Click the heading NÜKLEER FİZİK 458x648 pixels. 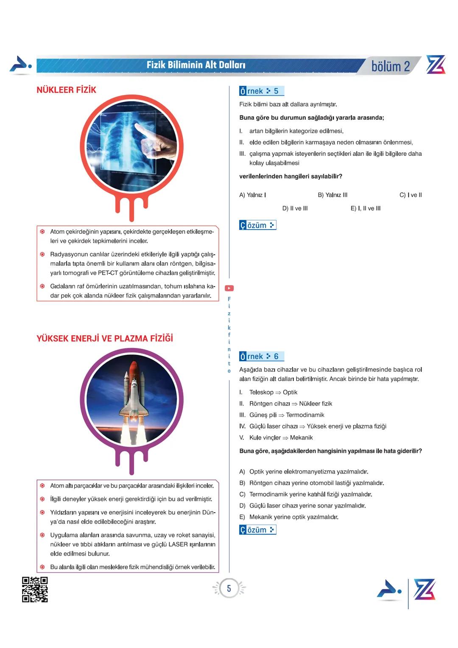(x=66, y=90)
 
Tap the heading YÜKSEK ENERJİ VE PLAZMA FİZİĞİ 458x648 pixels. (x=105, y=339)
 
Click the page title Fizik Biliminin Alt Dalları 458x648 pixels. (x=196, y=65)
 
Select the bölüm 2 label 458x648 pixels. (x=391, y=66)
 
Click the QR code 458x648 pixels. (x=35, y=589)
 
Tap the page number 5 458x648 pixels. (x=229, y=589)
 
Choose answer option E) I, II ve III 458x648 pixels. (x=366, y=208)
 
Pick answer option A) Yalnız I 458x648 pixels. (x=253, y=195)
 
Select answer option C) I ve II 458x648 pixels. (x=411, y=195)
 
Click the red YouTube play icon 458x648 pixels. (x=229, y=289)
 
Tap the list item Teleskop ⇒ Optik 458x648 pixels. (x=273, y=393)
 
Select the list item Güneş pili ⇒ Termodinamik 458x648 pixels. (x=287, y=415)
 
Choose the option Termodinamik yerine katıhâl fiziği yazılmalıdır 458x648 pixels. (x=310, y=494)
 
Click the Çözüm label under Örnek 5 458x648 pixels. (x=257, y=225)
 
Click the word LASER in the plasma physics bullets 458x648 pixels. (x=178, y=544)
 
